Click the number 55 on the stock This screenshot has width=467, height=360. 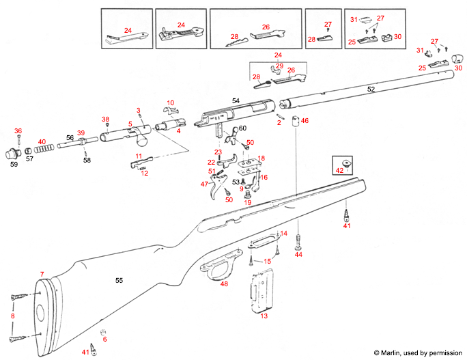(119, 281)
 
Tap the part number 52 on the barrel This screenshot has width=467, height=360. (371, 89)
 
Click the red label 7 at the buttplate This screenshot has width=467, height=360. (42, 274)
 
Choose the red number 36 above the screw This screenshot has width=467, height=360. (18, 131)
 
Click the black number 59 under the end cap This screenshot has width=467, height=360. (14, 164)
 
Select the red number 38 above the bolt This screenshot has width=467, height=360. (105, 120)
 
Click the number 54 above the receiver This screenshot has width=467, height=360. (236, 101)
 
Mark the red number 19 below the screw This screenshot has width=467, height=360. (248, 203)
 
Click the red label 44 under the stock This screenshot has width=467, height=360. (298, 254)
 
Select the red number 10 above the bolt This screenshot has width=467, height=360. (171, 102)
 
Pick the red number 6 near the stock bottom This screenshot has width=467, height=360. (104, 340)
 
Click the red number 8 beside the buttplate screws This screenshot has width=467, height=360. (11, 317)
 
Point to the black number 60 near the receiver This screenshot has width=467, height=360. (242, 128)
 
